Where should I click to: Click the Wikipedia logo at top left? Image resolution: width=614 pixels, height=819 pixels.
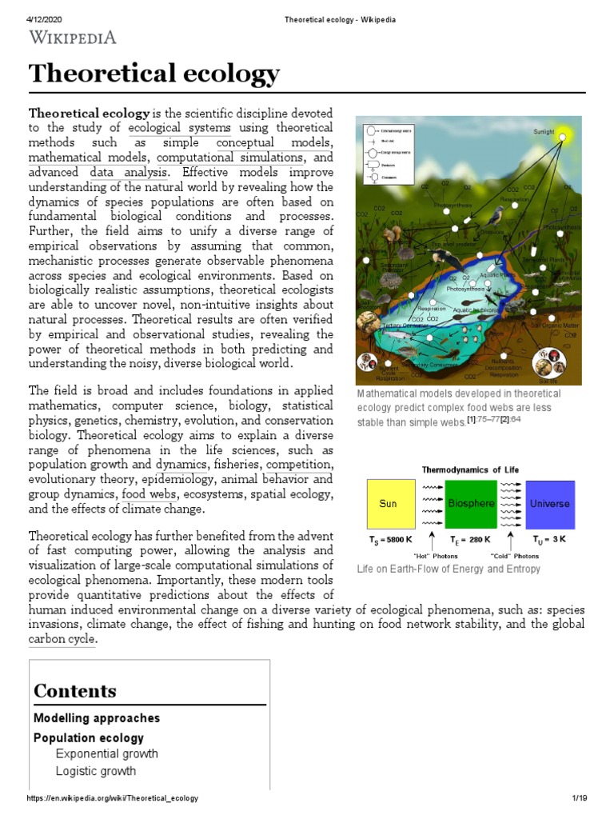pos(73,37)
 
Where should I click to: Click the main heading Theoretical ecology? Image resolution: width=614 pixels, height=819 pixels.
pos(154,74)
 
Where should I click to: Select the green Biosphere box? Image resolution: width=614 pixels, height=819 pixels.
pos(470,504)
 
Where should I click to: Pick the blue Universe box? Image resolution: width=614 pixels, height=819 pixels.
pos(549,504)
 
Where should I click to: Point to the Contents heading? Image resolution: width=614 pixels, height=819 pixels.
pos(75,691)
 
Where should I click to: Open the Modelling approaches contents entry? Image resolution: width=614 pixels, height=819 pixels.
pos(97,718)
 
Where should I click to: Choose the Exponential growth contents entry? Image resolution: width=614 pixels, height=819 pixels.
pos(106,753)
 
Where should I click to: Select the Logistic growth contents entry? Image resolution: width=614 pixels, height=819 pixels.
pos(95,771)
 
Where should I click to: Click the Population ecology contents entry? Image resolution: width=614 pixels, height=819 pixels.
pos(89,737)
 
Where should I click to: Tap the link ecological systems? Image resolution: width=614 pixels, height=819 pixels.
pos(179,128)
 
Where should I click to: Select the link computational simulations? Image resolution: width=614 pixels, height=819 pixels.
pos(230,157)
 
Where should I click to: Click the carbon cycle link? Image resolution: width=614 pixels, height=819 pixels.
pos(62,639)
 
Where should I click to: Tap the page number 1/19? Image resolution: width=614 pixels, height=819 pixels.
pos(580,798)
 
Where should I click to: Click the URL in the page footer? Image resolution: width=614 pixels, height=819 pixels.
pos(112,798)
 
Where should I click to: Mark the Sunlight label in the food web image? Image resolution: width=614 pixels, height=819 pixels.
pos(544,131)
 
